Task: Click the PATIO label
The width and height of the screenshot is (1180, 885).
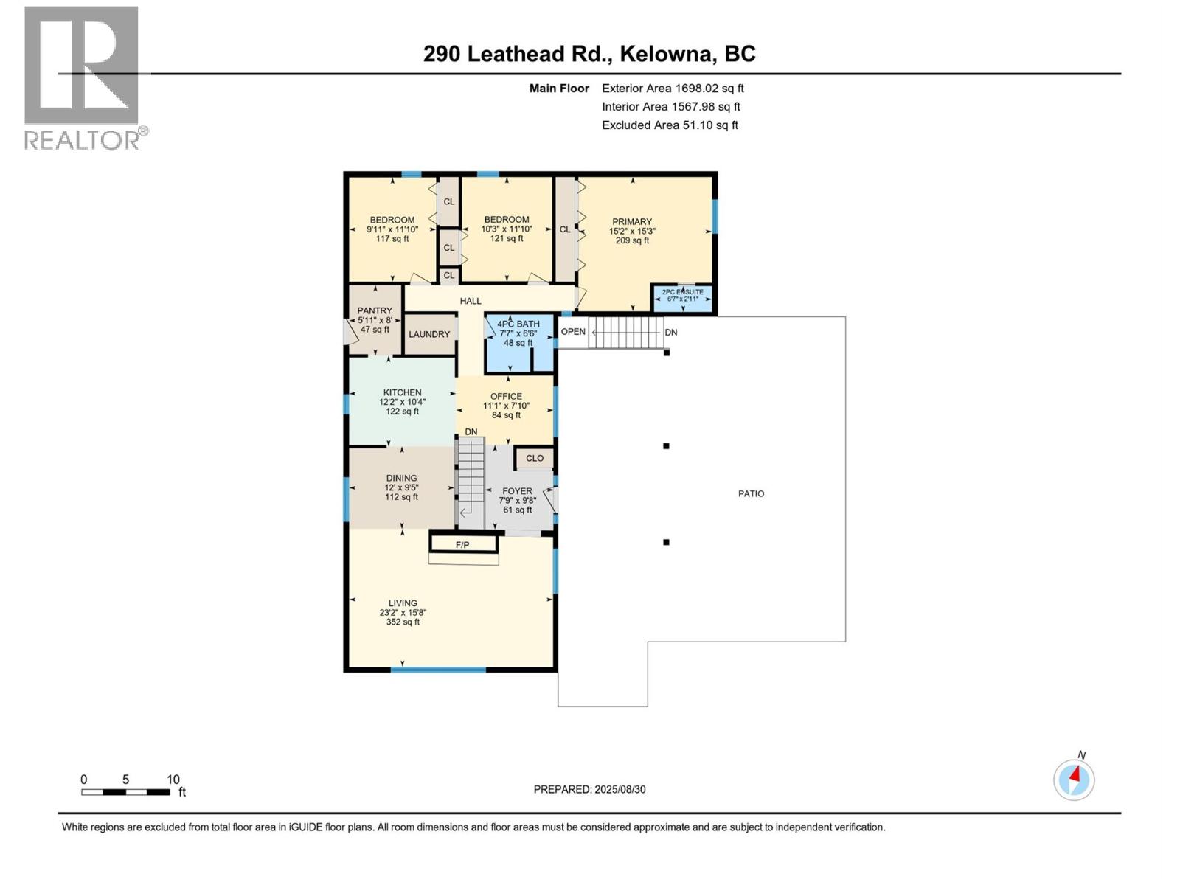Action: point(751,494)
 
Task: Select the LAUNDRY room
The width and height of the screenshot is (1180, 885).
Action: point(429,334)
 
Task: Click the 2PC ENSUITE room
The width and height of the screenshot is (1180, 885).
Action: point(682,298)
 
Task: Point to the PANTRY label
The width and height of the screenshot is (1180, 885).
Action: point(375,310)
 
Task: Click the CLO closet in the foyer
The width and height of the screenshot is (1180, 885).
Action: point(535,458)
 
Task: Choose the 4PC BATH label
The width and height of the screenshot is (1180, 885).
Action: point(518,324)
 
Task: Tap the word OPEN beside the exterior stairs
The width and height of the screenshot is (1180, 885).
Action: point(573,332)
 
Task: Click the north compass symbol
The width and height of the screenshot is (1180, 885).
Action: point(1074,780)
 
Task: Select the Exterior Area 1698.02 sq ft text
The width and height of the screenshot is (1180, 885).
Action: point(673,88)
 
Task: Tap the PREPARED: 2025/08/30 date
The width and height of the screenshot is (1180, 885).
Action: point(589,789)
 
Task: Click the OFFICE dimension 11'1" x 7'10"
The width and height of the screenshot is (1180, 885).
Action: point(506,406)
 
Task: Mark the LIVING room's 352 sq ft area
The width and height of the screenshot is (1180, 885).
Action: point(403,622)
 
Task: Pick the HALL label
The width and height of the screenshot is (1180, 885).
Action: point(471,301)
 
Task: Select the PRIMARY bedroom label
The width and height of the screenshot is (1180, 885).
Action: point(631,221)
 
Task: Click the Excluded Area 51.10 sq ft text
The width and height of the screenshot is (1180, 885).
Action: point(670,125)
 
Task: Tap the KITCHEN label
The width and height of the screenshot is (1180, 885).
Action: point(402,392)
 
